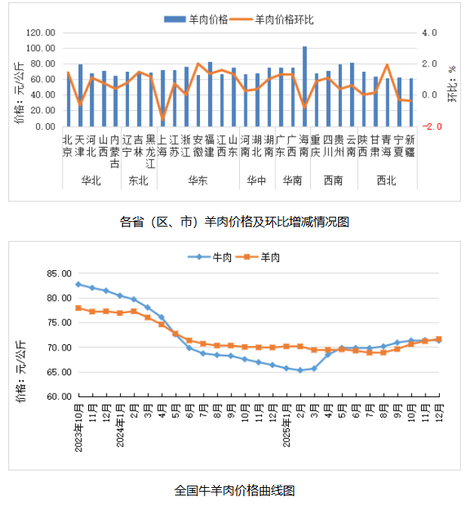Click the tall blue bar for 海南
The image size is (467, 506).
tap(305, 87)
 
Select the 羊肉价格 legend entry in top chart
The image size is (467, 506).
tap(205, 19)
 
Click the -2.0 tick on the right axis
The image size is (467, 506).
tap(430, 127)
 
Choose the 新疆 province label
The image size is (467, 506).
tap(410, 145)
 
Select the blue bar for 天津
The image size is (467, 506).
tap(81, 96)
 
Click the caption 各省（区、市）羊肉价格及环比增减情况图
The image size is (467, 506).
tap(235, 222)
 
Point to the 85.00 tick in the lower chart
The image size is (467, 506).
tap(57, 273)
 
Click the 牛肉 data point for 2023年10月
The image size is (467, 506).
tap(78, 284)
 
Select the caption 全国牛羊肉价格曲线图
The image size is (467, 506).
tap(234, 489)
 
